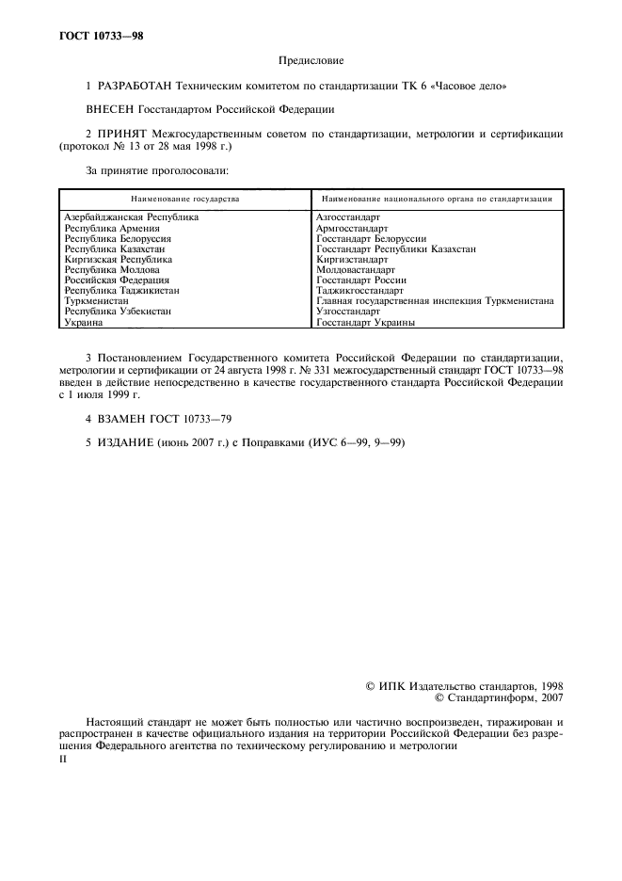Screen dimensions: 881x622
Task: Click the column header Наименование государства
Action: pyautogui.click(x=184, y=200)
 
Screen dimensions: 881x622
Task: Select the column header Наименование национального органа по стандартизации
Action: pyautogui.click(x=437, y=200)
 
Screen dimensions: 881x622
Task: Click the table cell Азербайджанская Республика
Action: pyautogui.click(x=131, y=217)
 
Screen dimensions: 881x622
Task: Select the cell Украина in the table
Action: pyautogui.click(x=83, y=322)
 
